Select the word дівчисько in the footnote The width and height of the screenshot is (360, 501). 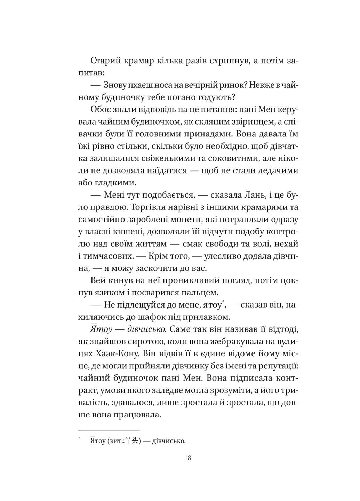(x=169, y=441)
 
